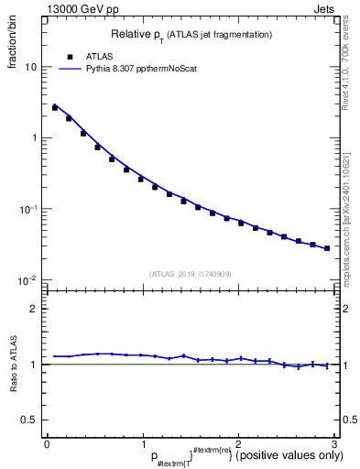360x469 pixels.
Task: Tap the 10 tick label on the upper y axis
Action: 32,67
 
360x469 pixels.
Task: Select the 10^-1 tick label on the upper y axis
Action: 29,209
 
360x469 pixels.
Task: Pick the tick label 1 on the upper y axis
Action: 36,138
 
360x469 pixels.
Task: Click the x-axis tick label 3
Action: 333,444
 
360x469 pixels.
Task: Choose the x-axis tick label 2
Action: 238,444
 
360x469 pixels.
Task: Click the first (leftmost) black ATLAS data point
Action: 55,108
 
